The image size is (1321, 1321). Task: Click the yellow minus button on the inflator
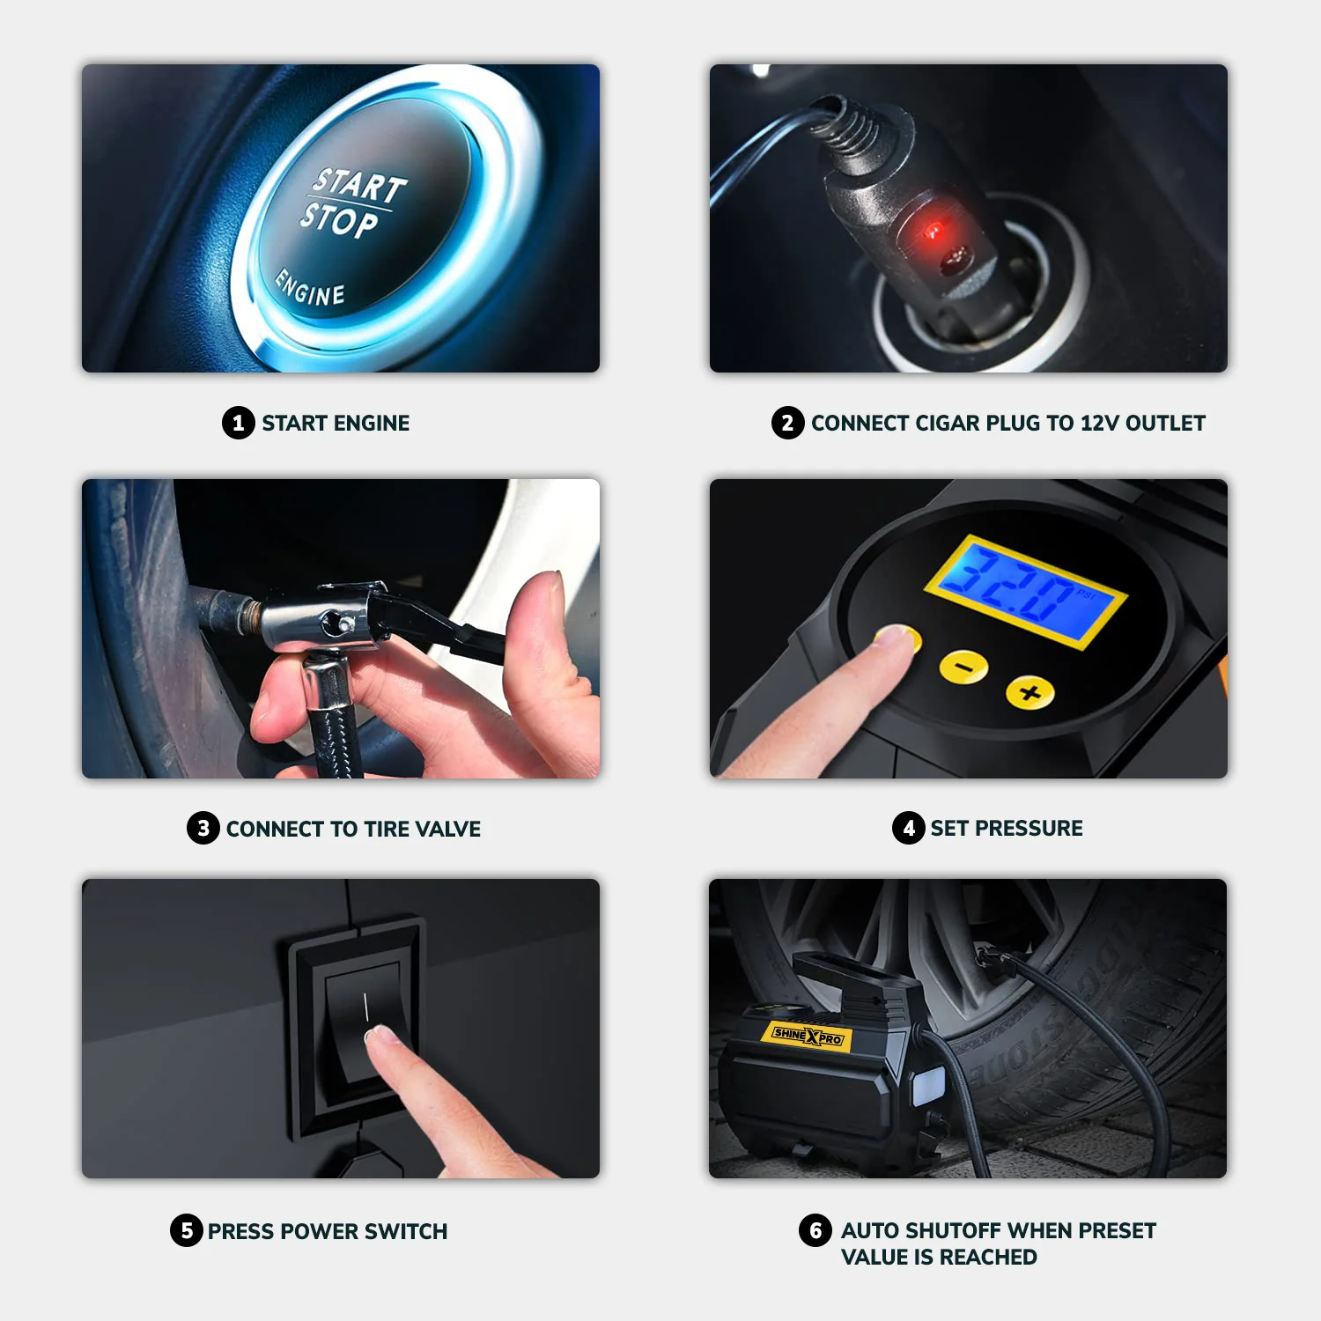coord(963,667)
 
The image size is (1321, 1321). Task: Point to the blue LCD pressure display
coord(1025,591)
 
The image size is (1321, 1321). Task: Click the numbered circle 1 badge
coord(238,423)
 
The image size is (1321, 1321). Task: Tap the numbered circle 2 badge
coord(787,423)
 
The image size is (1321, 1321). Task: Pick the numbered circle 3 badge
coord(203,828)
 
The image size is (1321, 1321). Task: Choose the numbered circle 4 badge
coord(908,828)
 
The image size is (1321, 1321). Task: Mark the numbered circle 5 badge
coord(186,1230)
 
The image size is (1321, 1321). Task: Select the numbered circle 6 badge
coord(815,1230)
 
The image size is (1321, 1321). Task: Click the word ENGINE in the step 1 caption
coord(372,424)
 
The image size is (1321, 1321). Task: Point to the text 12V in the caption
coord(1099,424)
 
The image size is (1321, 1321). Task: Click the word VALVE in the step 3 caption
coord(447,829)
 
